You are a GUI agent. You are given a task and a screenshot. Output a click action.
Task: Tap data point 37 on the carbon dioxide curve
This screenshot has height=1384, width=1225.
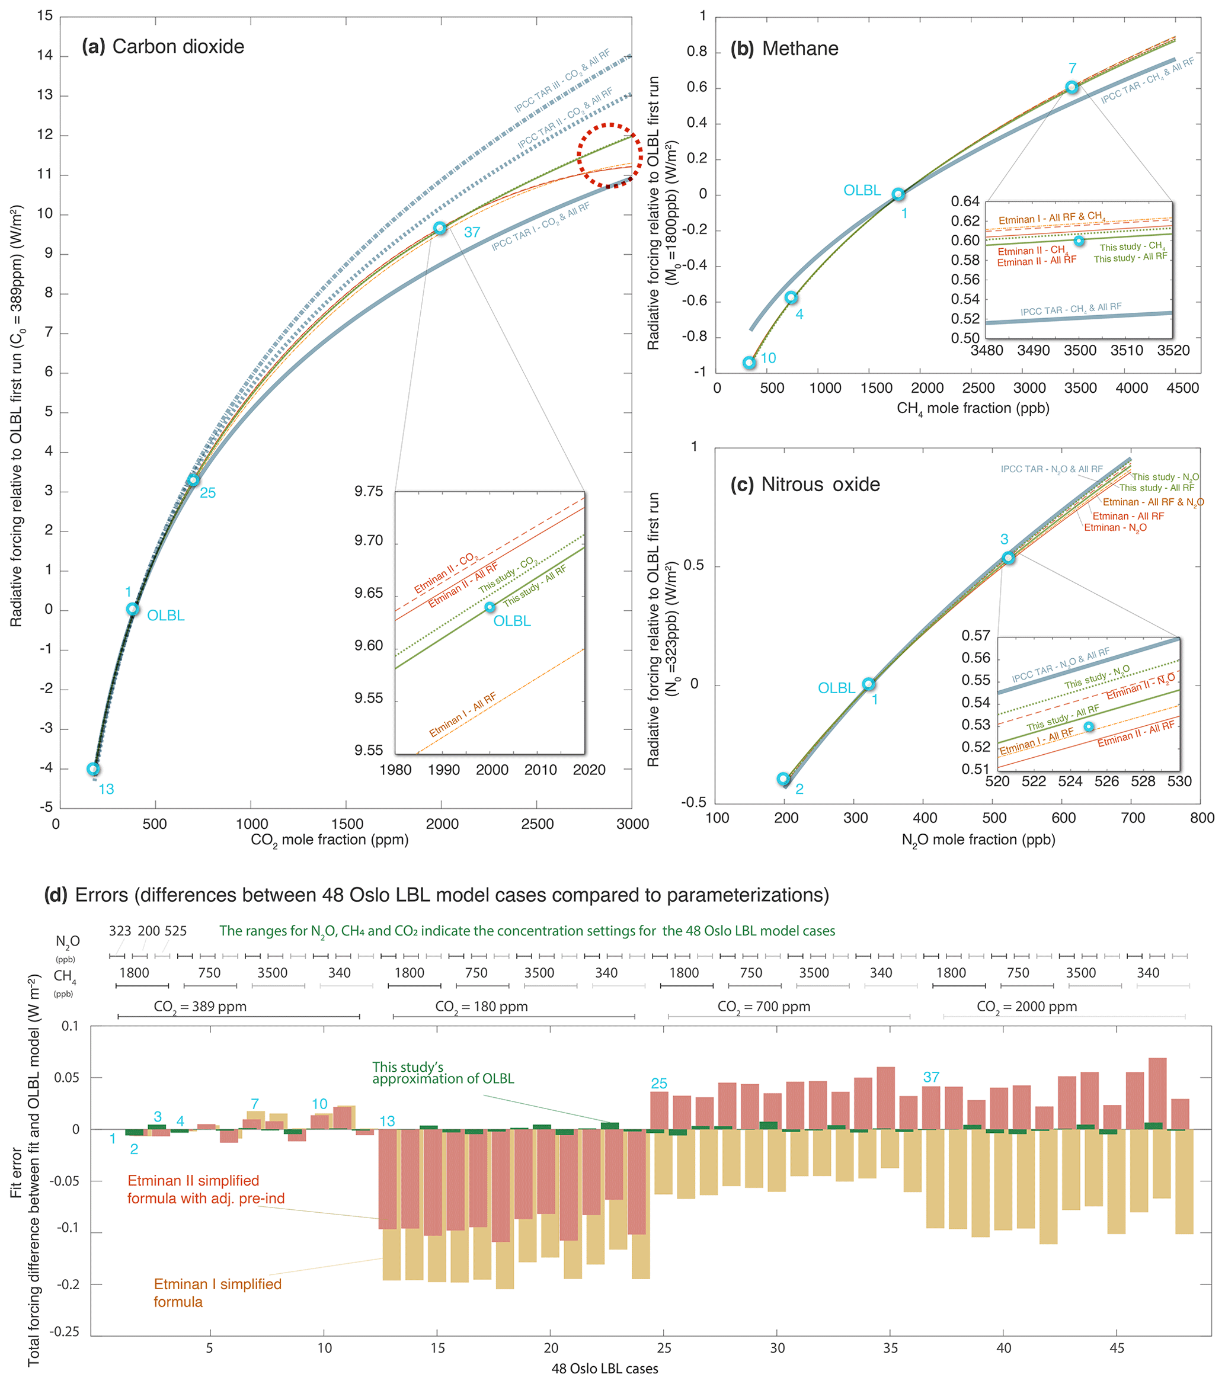click(x=440, y=228)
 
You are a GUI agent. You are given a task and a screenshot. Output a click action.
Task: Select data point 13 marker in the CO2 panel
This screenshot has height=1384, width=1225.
click(x=94, y=768)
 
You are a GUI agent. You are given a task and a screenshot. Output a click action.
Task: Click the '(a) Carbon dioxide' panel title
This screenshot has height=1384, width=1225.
click(x=162, y=47)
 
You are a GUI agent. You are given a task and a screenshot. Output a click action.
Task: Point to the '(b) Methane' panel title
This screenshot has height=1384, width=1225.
click(x=784, y=49)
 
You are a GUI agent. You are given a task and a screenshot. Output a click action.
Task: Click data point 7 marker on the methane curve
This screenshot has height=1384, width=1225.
click(x=1072, y=87)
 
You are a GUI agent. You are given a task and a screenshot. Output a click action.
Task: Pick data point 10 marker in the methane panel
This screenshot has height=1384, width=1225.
click(x=749, y=363)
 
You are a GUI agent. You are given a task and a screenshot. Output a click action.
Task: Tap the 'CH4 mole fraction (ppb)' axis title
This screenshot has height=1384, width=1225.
click(x=973, y=408)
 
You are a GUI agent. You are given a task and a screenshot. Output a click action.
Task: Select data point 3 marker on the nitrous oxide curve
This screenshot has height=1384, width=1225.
click(x=1008, y=558)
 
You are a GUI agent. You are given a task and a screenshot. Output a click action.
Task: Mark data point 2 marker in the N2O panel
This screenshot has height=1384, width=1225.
click(x=783, y=778)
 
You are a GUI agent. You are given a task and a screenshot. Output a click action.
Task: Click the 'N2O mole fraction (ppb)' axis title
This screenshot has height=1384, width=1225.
click(x=978, y=840)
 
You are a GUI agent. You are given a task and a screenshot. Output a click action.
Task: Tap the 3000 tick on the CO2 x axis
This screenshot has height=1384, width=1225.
click(x=632, y=824)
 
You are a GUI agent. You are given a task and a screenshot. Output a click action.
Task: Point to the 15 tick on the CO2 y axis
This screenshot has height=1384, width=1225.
click(x=44, y=16)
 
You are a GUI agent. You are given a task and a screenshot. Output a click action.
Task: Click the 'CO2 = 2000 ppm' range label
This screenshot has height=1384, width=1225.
click(x=1026, y=1007)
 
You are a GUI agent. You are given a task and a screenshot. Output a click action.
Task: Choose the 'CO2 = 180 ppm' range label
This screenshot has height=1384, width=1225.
click(x=481, y=1007)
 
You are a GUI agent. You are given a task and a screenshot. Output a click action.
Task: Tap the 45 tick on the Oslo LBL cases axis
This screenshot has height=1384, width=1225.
click(x=1117, y=1348)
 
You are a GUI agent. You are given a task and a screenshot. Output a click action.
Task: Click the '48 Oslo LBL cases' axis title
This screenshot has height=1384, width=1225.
click(x=604, y=1369)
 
